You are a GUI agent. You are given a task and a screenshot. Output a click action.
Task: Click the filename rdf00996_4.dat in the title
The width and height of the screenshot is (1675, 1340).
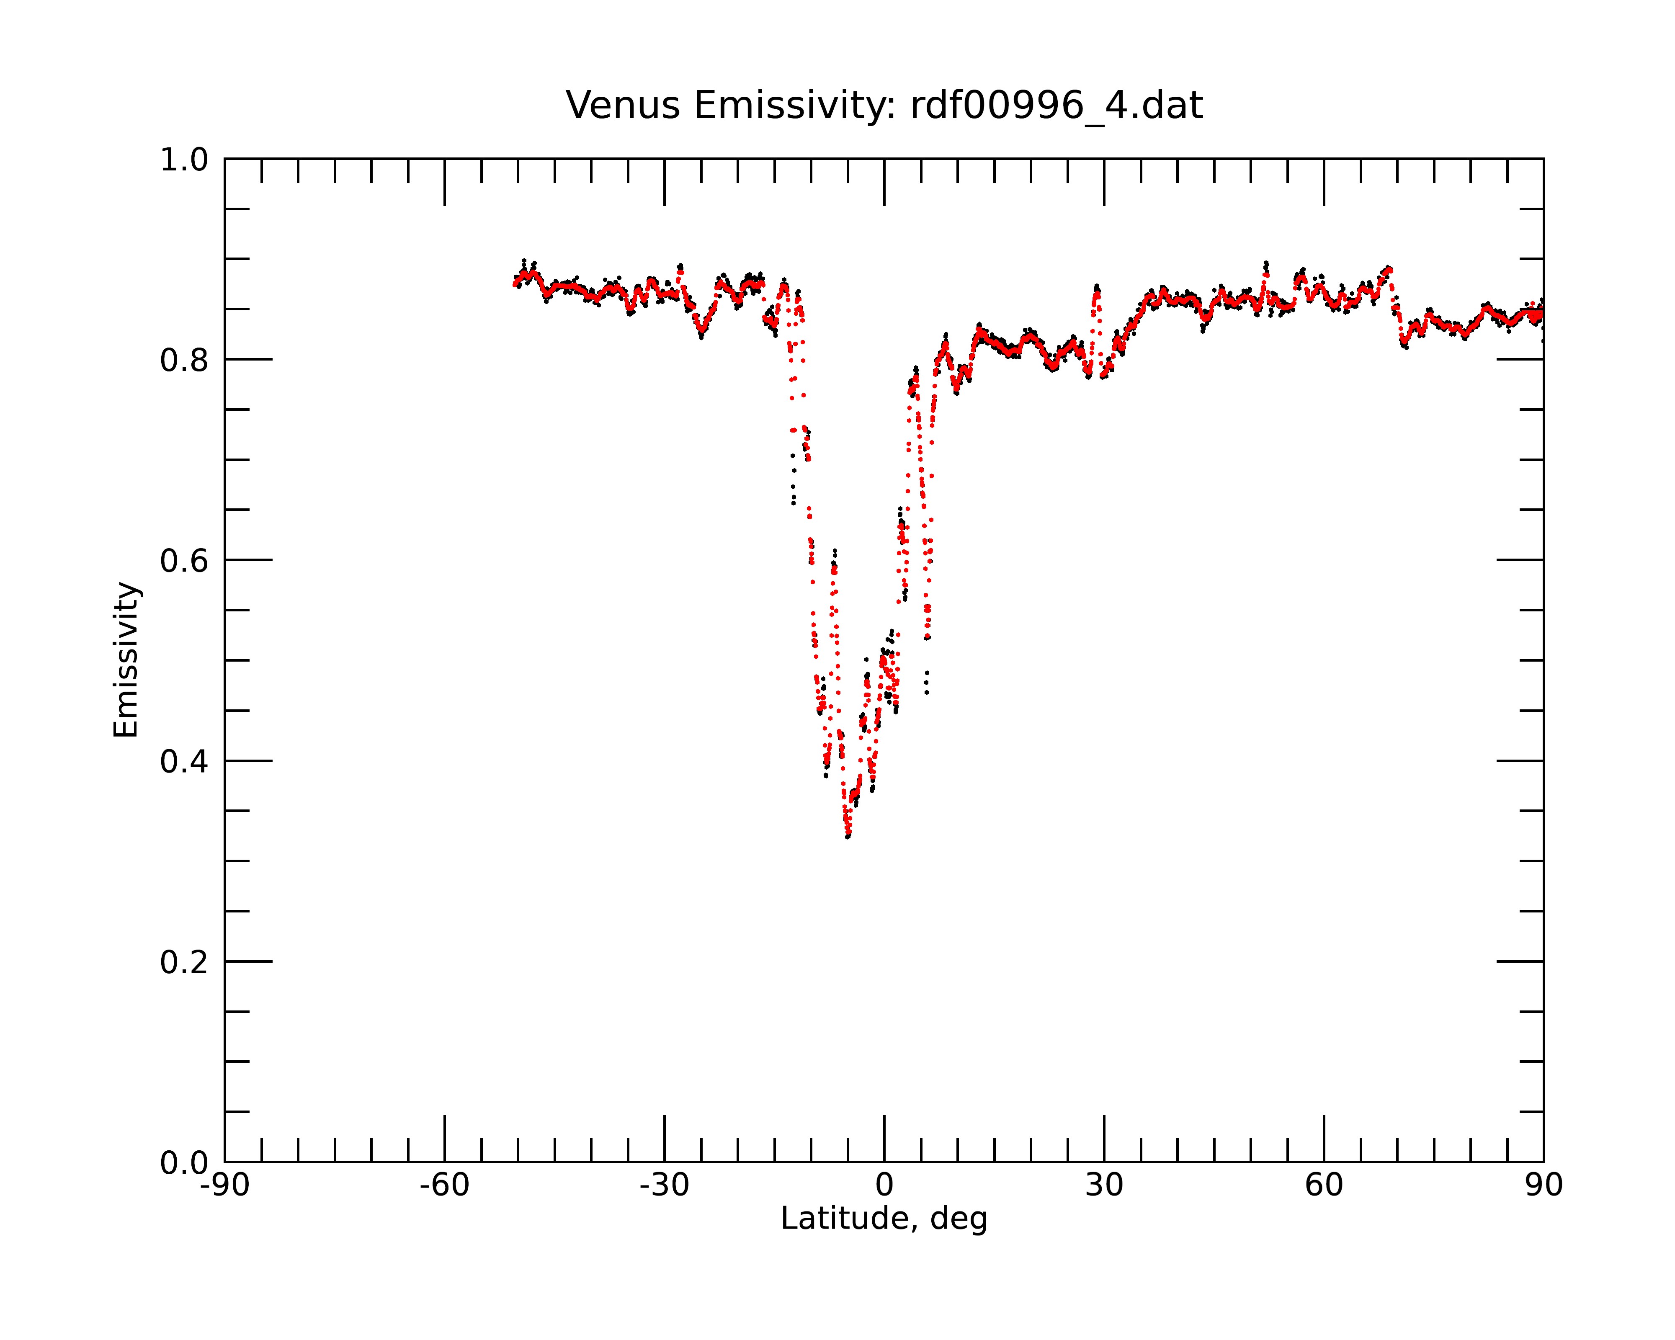click(1056, 106)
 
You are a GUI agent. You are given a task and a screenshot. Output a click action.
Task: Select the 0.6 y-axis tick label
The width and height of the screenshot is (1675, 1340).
click(184, 561)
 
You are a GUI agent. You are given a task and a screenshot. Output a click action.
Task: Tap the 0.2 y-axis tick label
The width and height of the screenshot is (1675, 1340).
click(184, 962)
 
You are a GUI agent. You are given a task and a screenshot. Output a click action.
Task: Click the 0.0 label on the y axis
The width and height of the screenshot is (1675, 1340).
click(184, 1163)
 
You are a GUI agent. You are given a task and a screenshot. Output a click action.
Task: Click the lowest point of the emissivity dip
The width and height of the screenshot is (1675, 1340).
click(848, 837)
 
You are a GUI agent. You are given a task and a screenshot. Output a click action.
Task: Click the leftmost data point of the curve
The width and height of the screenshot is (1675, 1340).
click(514, 284)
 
